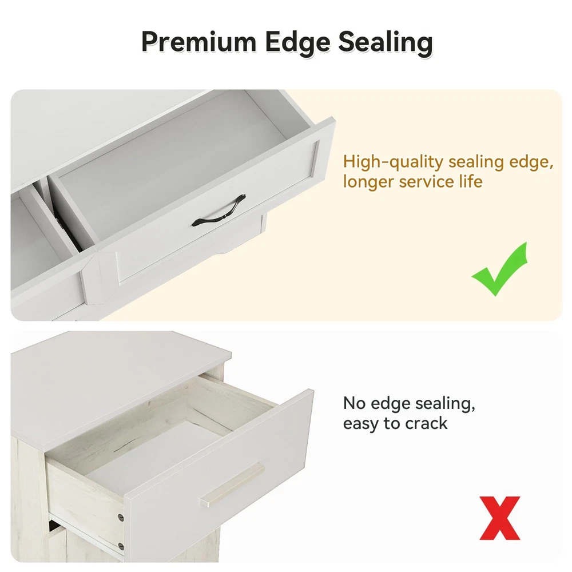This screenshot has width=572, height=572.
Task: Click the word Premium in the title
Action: [x=199, y=42]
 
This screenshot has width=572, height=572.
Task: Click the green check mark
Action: [x=500, y=269]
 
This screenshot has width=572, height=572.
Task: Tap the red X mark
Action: [x=500, y=518]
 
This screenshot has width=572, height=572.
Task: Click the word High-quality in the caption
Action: [x=394, y=162]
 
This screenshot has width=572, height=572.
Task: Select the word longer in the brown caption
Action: [x=368, y=182]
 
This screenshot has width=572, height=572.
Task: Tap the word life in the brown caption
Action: [x=471, y=181]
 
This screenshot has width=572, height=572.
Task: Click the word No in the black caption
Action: [x=355, y=403]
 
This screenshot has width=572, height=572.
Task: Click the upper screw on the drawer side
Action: [x=120, y=517]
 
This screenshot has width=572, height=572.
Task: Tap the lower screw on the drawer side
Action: [x=121, y=546]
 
